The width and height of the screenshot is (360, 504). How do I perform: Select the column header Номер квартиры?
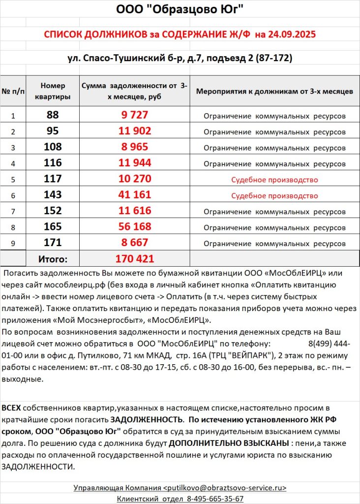(53, 91)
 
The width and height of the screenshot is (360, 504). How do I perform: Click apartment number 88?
(53, 115)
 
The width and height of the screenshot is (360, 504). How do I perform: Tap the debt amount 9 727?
(135, 115)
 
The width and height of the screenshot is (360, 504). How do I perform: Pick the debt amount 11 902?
(135, 131)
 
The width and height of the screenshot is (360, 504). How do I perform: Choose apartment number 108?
(53, 147)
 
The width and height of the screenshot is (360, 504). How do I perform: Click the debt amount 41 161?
(135, 195)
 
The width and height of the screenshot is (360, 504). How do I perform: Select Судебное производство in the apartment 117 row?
(274, 180)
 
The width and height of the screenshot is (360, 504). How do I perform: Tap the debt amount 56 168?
(135, 227)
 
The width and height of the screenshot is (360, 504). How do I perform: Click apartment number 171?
(53, 243)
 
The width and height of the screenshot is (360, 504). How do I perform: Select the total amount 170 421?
(135, 259)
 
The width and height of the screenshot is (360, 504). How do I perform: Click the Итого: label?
(53, 259)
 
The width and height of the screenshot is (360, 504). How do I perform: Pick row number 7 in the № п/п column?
(13, 212)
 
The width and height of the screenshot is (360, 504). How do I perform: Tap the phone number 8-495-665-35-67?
(215, 499)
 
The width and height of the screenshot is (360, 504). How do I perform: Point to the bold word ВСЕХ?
(11, 409)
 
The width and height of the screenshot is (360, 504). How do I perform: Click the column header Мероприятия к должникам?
(274, 92)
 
